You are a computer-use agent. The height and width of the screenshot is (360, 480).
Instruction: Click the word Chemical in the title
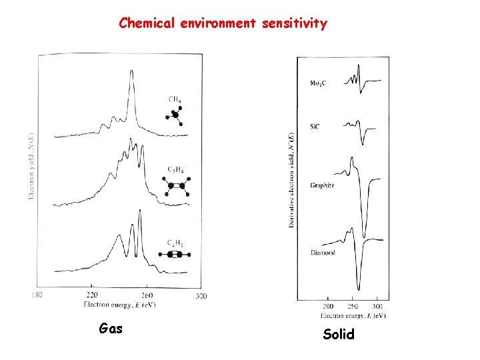(x=146, y=23)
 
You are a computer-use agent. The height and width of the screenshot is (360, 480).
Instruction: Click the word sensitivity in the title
(x=294, y=23)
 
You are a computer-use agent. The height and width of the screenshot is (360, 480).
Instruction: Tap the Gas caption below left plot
(x=110, y=328)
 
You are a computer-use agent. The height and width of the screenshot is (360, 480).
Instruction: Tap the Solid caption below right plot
(x=339, y=335)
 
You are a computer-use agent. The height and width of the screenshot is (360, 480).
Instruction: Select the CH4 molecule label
(x=175, y=99)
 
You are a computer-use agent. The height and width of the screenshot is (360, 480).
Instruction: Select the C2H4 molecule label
(x=175, y=170)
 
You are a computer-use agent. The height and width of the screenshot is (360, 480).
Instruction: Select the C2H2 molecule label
(x=175, y=242)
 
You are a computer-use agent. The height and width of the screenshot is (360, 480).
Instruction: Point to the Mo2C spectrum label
(x=318, y=83)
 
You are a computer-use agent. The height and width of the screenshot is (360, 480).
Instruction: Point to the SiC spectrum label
(x=315, y=125)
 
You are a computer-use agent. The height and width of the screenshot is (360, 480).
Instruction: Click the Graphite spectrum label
(x=322, y=185)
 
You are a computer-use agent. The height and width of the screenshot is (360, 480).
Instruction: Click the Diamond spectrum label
(x=323, y=253)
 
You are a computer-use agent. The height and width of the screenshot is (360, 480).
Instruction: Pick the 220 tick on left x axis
(x=93, y=295)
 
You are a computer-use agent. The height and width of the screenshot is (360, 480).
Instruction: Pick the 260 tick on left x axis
(x=147, y=295)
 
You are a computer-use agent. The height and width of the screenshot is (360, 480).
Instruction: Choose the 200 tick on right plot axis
(x=329, y=307)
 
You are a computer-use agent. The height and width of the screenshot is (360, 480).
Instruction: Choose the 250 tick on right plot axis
(x=353, y=307)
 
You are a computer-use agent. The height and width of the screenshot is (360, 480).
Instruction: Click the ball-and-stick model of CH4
(x=175, y=115)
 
